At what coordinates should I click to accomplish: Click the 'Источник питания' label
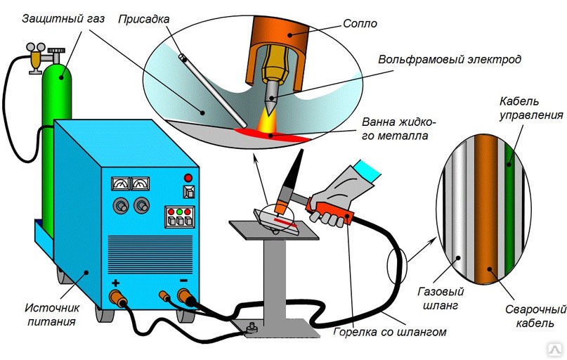pos(52,314)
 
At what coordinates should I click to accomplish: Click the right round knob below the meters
pos(143,205)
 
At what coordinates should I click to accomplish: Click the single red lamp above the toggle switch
pos(188,176)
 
